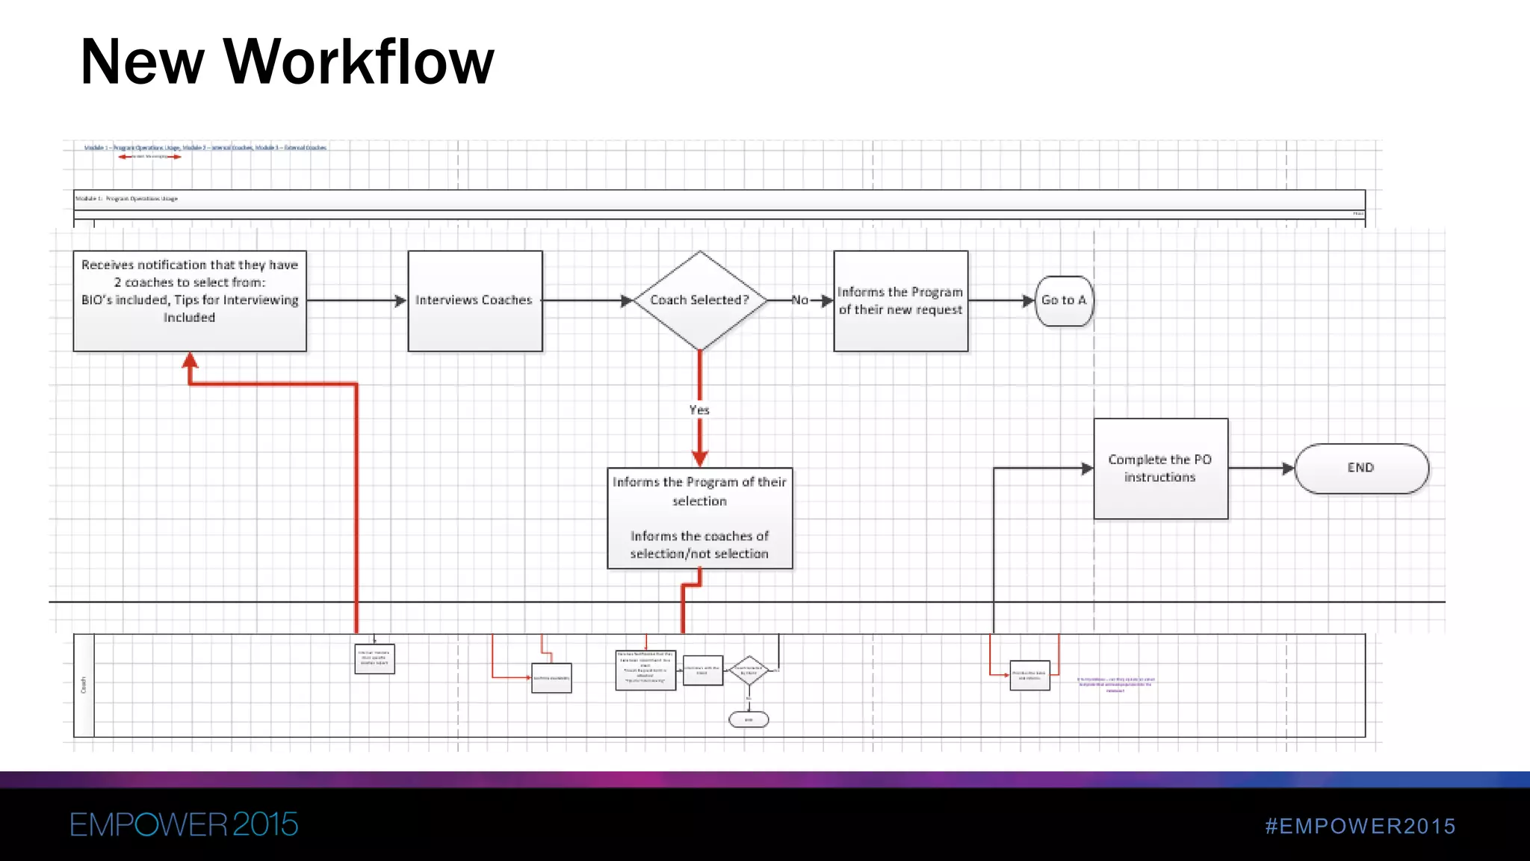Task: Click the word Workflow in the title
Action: click(x=359, y=61)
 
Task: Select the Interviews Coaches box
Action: click(x=474, y=300)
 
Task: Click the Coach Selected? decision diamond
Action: click(x=699, y=300)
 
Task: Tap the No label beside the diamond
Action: click(x=799, y=300)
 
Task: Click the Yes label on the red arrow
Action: click(x=699, y=410)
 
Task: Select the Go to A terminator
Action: click(x=1064, y=300)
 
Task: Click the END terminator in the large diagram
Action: click(x=1361, y=468)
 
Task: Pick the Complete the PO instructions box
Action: click(x=1160, y=469)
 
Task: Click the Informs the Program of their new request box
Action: click(x=900, y=300)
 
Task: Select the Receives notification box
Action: click(x=190, y=300)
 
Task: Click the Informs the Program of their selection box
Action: click(x=699, y=518)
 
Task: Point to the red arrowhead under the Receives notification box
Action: click(x=191, y=361)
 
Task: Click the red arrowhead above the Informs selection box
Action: click(x=699, y=458)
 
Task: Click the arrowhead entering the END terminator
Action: click(x=1287, y=469)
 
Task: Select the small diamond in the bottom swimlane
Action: click(x=749, y=670)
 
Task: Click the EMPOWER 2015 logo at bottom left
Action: click(x=184, y=824)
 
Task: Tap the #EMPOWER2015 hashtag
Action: click(x=1360, y=826)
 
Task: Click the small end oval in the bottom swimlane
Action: click(x=749, y=720)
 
